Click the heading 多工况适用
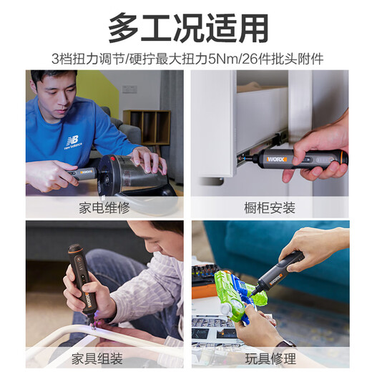[x=188, y=28]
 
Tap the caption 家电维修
[x=104, y=208]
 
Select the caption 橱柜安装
[x=269, y=208]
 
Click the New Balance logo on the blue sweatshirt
[x=72, y=141]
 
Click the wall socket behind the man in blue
[x=129, y=89]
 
